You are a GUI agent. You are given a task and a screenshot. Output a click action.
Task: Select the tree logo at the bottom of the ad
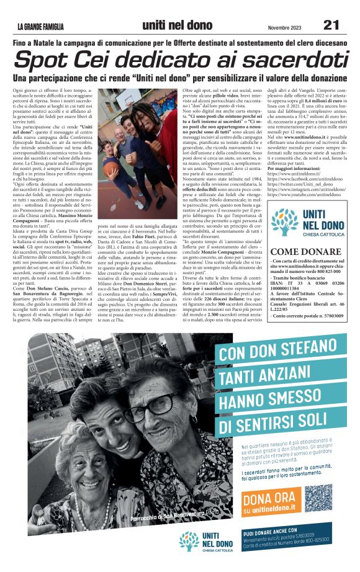[189, 541]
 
